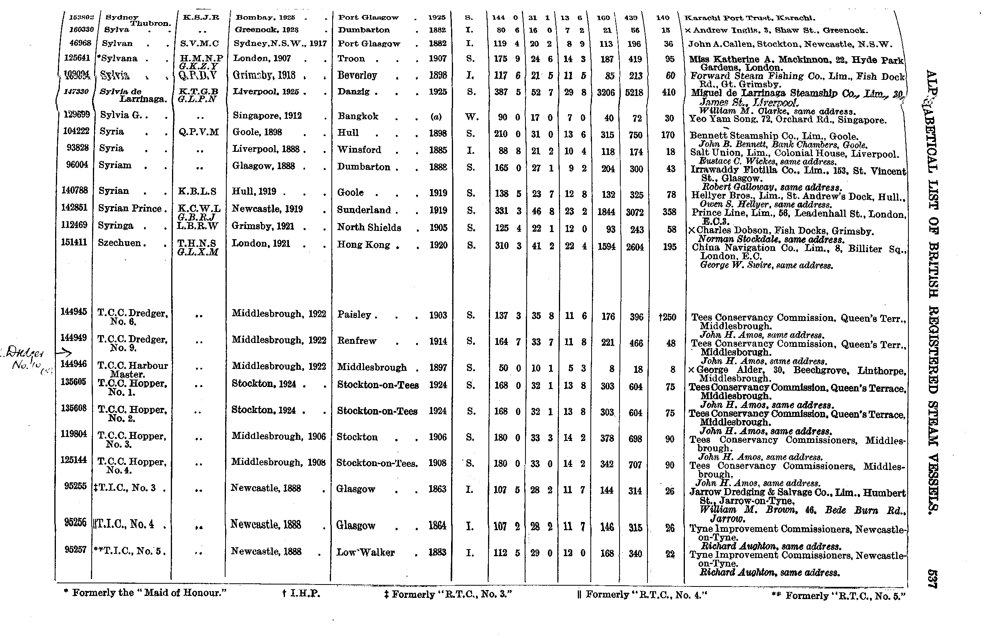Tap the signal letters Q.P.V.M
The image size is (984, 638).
click(x=198, y=132)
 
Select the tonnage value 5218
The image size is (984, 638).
click(x=634, y=92)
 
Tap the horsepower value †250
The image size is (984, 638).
click(x=667, y=317)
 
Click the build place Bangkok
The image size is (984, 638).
click(x=358, y=116)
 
